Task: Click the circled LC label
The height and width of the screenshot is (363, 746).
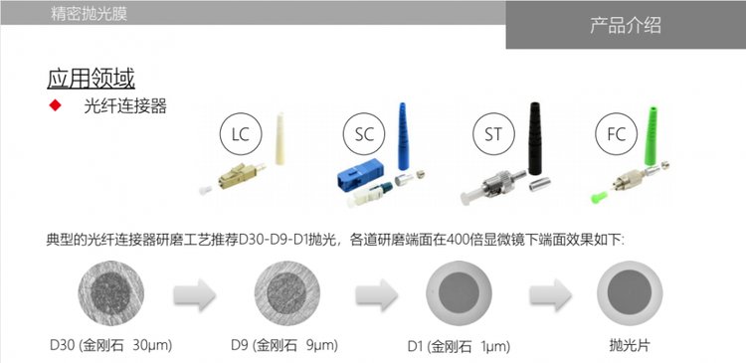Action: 241,134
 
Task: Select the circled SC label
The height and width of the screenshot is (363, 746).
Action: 364,134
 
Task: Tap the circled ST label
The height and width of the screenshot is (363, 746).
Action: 493,134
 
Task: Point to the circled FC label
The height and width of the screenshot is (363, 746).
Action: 616,134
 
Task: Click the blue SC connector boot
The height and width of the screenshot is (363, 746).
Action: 403,136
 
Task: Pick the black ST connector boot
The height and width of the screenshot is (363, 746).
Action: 535,138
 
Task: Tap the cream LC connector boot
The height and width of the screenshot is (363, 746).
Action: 280,138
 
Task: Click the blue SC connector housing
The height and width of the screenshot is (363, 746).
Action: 360,173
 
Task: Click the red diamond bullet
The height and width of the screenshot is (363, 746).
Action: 55,105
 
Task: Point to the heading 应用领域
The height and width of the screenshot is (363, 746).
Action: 91,79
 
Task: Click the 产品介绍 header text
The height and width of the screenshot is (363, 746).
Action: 626,25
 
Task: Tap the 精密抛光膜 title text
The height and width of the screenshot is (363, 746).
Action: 89,13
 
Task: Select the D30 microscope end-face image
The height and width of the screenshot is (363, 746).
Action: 110,293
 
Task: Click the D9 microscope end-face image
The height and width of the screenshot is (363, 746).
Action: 286,293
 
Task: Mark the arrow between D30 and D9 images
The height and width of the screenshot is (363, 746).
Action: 195,295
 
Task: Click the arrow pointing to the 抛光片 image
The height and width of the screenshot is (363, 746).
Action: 551,295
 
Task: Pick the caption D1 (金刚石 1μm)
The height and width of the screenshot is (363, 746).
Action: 459,346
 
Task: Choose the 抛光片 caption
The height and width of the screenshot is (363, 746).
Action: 629,345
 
